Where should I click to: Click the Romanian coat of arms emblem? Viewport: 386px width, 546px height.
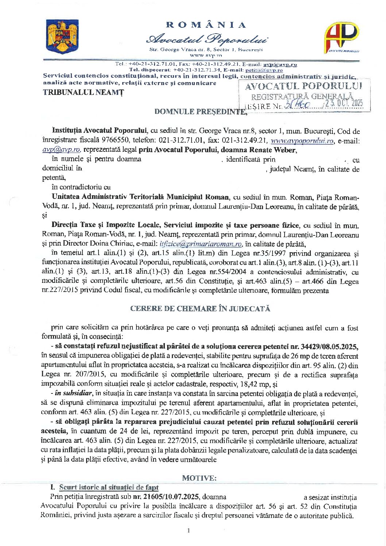[x=62, y=36]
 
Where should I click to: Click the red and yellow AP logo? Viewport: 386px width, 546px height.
[x=341, y=37]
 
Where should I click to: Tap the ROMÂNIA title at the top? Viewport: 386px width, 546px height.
[x=206, y=25]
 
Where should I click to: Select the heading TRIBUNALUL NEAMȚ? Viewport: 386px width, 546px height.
[x=84, y=92]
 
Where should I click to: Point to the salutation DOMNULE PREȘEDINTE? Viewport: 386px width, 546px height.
[x=200, y=112]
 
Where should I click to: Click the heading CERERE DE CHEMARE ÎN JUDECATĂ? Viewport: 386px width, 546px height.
[x=200, y=309]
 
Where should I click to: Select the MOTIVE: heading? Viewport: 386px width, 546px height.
[x=199, y=478]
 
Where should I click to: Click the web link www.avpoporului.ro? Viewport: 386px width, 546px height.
[x=302, y=141]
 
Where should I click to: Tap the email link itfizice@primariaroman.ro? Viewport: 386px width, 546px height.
[x=201, y=244]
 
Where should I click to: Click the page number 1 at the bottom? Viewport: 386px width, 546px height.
[x=188, y=530]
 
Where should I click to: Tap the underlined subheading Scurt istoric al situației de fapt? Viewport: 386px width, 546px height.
[x=109, y=487]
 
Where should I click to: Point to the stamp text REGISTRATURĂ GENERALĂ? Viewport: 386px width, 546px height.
[x=302, y=97]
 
